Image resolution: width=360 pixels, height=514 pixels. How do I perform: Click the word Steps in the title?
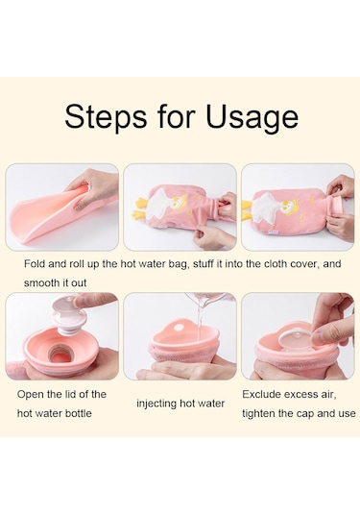pos(106,115)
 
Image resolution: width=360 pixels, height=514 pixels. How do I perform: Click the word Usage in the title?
pos(252,116)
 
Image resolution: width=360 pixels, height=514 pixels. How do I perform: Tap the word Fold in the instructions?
pos(35,263)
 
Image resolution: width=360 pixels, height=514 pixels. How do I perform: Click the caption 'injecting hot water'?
pos(180,404)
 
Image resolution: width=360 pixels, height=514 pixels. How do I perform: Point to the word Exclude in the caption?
pos(261,394)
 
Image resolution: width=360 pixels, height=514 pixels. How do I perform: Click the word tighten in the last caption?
pos(259,413)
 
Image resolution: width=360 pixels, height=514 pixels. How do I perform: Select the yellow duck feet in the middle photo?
pos(138,208)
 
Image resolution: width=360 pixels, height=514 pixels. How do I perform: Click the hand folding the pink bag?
pos(95,191)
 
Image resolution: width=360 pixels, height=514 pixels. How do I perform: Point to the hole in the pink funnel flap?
pos(179,328)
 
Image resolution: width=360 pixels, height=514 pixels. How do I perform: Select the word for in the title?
pos(177,115)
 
